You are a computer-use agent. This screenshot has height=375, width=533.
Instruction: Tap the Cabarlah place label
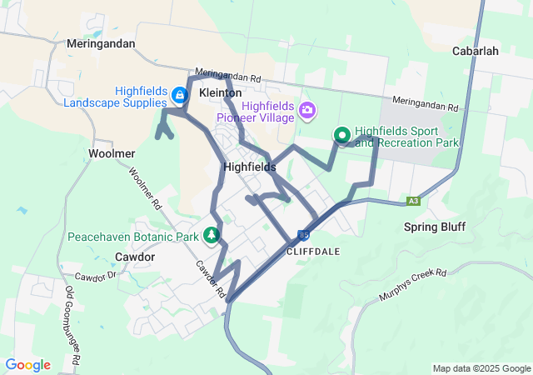pos(475,50)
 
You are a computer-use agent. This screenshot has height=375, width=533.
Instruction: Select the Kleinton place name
pos(221,92)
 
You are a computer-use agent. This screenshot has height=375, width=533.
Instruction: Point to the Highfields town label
pos(250,167)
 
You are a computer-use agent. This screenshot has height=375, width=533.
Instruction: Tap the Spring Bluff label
pos(435,227)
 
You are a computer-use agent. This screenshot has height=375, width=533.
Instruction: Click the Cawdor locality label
pos(135,257)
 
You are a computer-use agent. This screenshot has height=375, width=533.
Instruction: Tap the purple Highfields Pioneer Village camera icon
pos(307,110)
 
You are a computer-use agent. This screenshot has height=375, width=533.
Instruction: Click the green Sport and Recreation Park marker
pos(342,135)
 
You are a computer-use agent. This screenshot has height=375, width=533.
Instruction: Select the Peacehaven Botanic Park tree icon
pos(212,236)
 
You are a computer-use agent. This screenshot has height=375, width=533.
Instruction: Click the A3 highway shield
pos(413,201)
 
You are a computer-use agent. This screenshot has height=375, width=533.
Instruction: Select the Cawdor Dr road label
pos(97,277)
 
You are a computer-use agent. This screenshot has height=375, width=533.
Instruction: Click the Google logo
pos(27,365)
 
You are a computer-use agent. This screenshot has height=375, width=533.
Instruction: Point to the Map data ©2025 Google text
pos(481,368)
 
